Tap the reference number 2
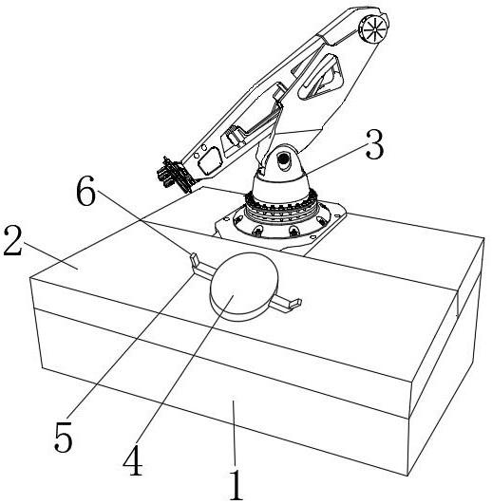(x=13, y=240)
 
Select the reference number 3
(x=374, y=145)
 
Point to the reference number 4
(x=133, y=460)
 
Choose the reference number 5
(x=64, y=437)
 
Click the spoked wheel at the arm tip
(x=373, y=29)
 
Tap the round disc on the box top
(x=243, y=287)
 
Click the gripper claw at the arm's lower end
(x=173, y=176)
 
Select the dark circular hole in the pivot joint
(x=284, y=159)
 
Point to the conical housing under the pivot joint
(x=281, y=188)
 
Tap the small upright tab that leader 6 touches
(x=194, y=259)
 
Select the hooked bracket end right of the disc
(x=295, y=304)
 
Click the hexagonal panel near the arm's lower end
(x=210, y=160)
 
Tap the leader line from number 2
(x=51, y=256)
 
